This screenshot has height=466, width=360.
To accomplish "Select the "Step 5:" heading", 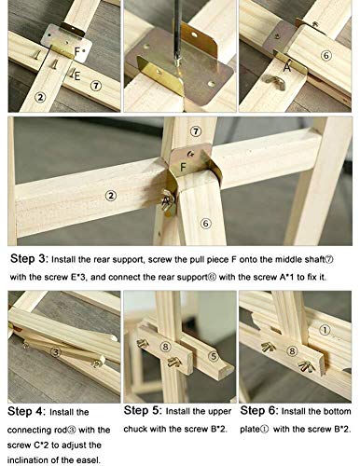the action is point(142,410).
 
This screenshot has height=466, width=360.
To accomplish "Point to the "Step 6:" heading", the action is point(258,410).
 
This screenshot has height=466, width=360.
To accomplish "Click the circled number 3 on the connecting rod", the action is point(55,352).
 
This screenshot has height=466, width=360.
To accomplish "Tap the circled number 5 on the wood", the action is point(214,356).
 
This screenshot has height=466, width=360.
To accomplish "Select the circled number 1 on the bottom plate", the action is point(325,330).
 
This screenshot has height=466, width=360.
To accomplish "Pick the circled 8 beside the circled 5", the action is point(166,347).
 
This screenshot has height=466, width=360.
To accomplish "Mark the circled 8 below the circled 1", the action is point(292,351).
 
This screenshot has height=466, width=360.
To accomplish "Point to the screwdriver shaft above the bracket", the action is point(177,30).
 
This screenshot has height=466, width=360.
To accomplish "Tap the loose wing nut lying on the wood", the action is point(275,82).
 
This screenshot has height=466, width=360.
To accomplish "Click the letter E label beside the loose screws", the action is point(77,75).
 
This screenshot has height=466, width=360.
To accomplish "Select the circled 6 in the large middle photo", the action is point(205,223).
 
